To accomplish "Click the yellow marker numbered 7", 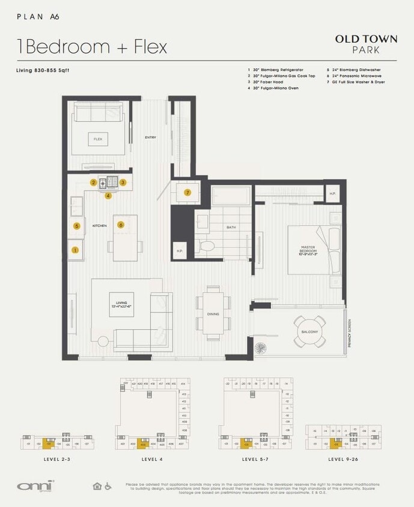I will [x=187, y=193].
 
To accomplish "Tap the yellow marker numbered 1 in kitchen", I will [x=75, y=250].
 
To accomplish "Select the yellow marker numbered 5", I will [x=76, y=226].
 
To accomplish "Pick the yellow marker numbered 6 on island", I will [x=121, y=225].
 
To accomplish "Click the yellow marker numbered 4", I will [x=108, y=195].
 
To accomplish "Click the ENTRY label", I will [x=150, y=138].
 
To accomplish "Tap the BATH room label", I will [x=231, y=228].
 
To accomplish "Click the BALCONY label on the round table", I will [x=309, y=332].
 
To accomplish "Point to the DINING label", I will [x=213, y=314].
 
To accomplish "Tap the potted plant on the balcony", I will [x=260, y=348].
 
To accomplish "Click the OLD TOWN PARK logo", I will [x=365, y=44].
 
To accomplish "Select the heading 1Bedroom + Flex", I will [x=92, y=46].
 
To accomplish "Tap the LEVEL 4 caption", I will [x=153, y=459].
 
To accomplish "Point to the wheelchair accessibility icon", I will [x=109, y=486].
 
